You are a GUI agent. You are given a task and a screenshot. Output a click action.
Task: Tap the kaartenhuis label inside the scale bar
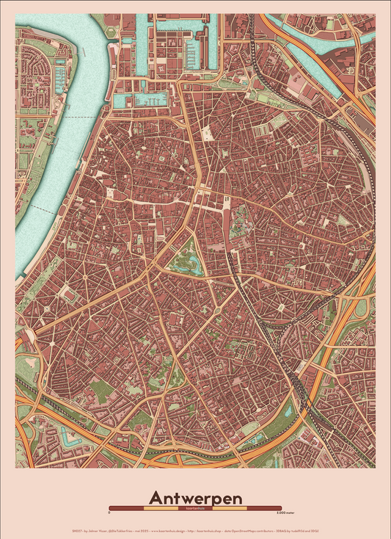(x=195, y=507)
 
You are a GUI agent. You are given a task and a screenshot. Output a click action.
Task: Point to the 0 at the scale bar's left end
(x=109, y=513)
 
